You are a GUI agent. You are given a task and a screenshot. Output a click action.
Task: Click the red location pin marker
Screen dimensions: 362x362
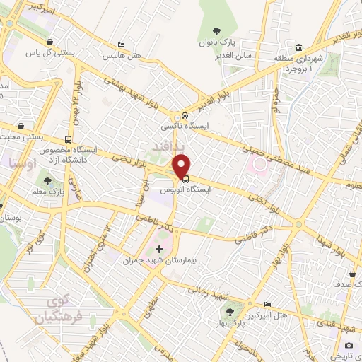[x=184, y=166]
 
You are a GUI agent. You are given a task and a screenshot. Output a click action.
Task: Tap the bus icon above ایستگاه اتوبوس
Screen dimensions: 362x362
[x=185, y=178]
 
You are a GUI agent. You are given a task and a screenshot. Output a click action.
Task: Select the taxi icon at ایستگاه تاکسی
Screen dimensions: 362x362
[x=184, y=115]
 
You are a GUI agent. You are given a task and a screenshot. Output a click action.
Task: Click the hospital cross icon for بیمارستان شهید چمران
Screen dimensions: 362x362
[x=158, y=250]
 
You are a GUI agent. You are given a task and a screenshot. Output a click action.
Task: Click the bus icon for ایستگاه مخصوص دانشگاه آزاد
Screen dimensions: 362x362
[x=68, y=139]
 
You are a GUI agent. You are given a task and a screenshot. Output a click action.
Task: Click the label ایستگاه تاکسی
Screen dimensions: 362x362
[x=181, y=126]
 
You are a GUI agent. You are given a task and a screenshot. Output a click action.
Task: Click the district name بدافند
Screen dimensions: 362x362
[x=188, y=145]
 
